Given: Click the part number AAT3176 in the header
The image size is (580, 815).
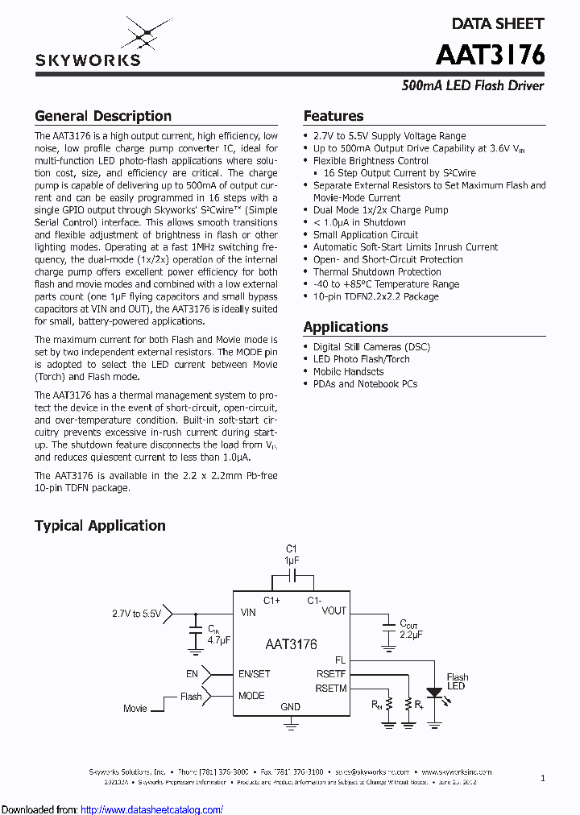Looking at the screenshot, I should [x=490, y=54].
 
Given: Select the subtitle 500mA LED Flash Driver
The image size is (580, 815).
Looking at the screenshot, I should [x=473, y=85].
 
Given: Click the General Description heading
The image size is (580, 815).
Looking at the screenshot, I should [x=103, y=116].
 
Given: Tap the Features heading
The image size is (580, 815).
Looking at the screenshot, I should [x=333, y=116].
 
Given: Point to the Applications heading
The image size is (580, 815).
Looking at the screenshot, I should [x=346, y=327].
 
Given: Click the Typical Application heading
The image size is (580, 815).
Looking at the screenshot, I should [x=100, y=526].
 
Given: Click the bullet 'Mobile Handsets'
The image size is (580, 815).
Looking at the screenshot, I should [x=348, y=371].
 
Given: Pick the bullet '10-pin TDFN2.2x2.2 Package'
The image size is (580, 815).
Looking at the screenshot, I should [x=376, y=296].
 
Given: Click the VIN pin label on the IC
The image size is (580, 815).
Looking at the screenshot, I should [x=248, y=612].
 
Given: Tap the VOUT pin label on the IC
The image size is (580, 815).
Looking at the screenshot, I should [x=333, y=611].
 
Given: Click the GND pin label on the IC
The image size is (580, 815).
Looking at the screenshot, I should [x=290, y=707].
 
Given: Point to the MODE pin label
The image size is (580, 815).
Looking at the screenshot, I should [x=251, y=696].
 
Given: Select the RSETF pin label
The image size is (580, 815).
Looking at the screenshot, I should [x=331, y=674].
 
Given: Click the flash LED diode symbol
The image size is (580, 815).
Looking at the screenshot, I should [x=434, y=692].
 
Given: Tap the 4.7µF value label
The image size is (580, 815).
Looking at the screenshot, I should [x=219, y=639].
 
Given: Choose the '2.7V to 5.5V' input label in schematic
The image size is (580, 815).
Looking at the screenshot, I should [x=137, y=614].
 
